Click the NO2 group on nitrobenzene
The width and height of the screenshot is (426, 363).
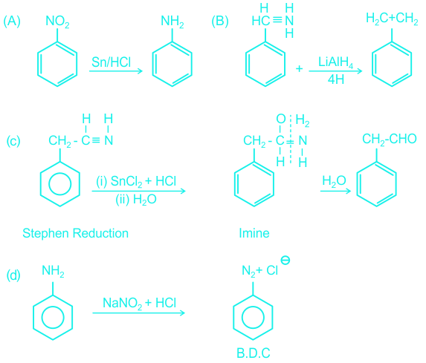pyautogui.click(x=57, y=22)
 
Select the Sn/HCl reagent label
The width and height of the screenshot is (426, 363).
pyautogui.click(x=111, y=62)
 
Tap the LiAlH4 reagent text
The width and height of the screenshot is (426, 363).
pyautogui.click(x=335, y=62)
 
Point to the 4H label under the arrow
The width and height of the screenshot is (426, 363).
pyautogui.click(x=336, y=79)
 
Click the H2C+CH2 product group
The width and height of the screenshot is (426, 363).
pyautogui.click(x=392, y=19)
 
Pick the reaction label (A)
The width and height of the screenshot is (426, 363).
pyautogui.click(x=12, y=22)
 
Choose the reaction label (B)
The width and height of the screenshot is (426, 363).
pyautogui.click(x=220, y=22)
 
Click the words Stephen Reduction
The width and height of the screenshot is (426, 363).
pyautogui.click(x=75, y=233)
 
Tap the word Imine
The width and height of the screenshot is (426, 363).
pyautogui.click(x=254, y=233)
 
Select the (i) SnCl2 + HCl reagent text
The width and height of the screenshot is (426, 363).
pyautogui.click(x=136, y=181)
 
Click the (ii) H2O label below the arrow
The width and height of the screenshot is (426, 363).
pyautogui.click(x=136, y=200)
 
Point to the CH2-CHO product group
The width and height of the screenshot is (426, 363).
pyautogui.click(x=390, y=139)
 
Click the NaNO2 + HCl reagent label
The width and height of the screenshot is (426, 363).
pyautogui.click(x=139, y=303)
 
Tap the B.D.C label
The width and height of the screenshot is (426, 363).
pyautogui.click(x=254, y=353)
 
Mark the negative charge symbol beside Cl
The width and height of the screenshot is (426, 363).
pyautogui.click(x=285, y=260)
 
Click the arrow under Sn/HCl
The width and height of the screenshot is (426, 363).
pyautogui.click(x=116, y=71)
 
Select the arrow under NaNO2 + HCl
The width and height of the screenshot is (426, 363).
pyautogui.click(x=138, y=313)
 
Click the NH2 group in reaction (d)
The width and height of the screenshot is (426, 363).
pyautogui.click(x=53, y=271)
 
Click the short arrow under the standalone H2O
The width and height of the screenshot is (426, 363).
pyautogui.click(x=335, y=191)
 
